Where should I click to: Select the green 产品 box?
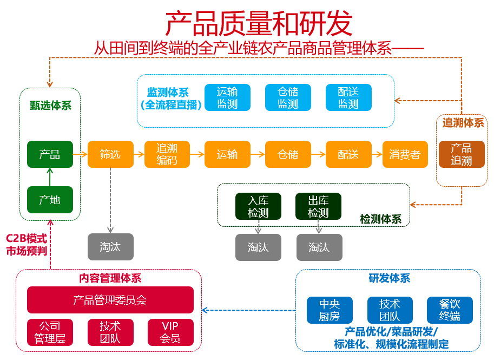(50, 154)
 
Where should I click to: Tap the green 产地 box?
(50, 200)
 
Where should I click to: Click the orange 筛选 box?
(110, 154)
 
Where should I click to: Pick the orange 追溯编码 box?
(167, 154)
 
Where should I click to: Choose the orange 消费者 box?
(405, 154)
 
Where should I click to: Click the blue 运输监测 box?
(227, 97)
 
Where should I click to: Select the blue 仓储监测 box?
(288, 97)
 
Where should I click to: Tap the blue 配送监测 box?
(348, 97)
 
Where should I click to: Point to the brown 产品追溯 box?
(462, 154)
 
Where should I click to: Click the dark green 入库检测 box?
(258, 207)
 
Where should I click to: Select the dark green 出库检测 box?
(318, 207)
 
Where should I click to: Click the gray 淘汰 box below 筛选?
(110, 247)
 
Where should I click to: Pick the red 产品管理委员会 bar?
(110, 299)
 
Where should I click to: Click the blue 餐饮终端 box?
(450, 310)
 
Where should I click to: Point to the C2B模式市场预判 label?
(27, 245)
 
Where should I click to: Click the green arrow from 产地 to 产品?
(50, 177)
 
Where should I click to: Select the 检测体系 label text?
(381, 219)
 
